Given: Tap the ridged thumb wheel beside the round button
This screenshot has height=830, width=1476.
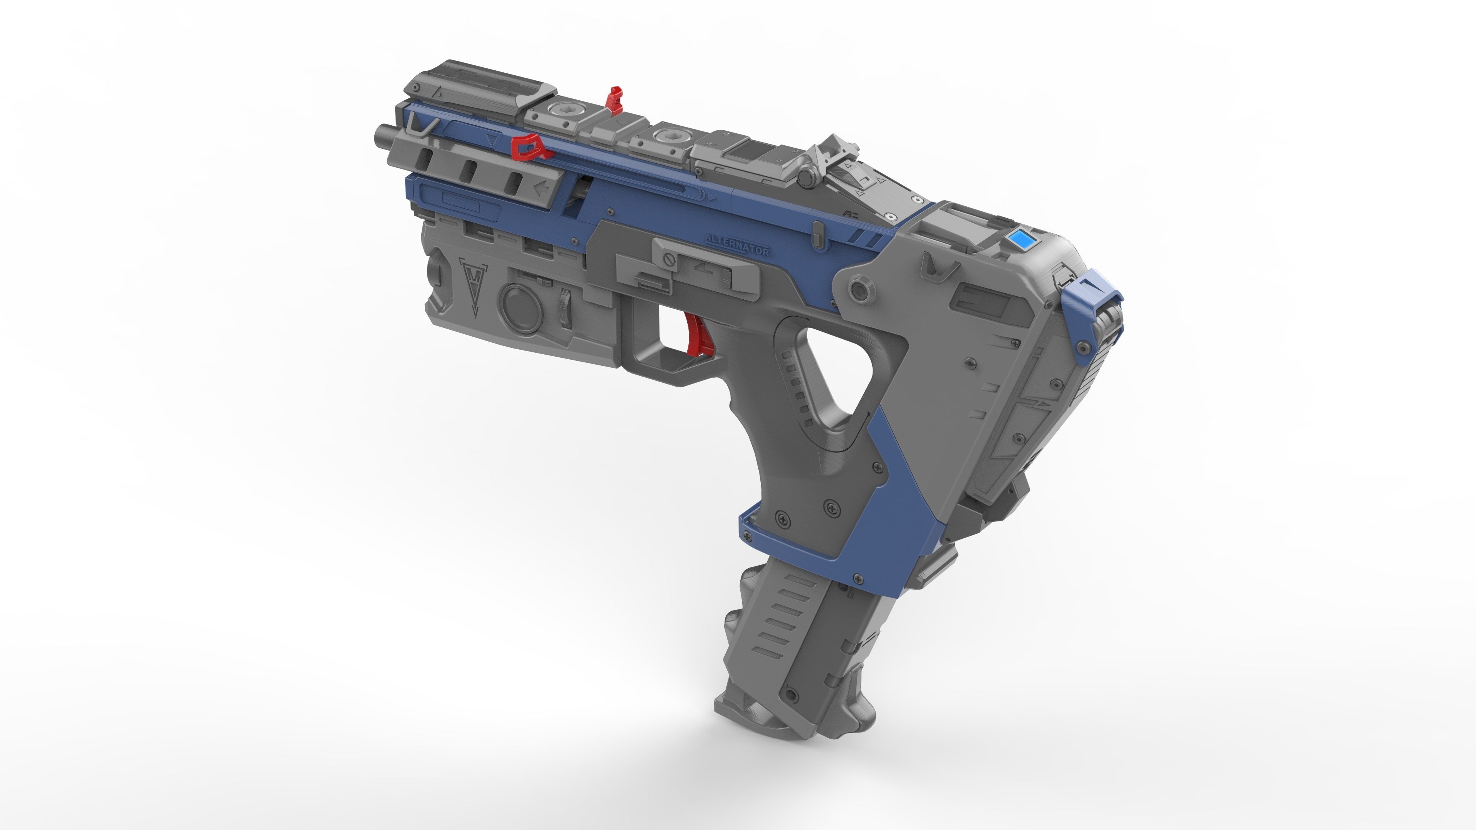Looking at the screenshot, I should (x=565, y=309).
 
